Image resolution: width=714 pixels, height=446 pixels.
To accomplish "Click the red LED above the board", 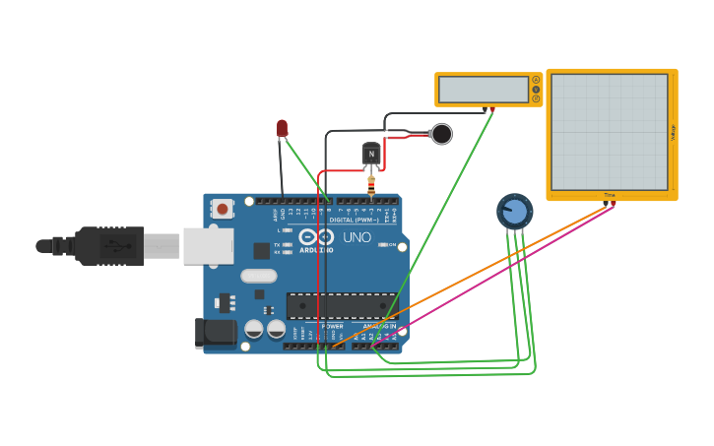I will [x=282, y=128].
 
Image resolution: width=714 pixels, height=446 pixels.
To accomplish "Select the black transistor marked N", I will [x=371, y=153].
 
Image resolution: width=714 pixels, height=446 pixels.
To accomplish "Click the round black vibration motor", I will [x=441, y=134].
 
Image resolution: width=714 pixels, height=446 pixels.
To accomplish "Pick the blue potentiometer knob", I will [x=514, y=212].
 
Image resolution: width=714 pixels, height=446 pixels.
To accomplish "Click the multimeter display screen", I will [x=484, y=90].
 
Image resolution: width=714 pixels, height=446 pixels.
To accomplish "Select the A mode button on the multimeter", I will [x=536, y=80].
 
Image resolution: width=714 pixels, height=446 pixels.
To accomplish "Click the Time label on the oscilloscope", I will [x=610, y=195].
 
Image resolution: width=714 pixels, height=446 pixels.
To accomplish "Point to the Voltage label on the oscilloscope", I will [x=673, y=132].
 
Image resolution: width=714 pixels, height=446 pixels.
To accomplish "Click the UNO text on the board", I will [x=357, y=237].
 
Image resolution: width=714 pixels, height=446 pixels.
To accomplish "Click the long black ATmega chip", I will [x=340, y=305].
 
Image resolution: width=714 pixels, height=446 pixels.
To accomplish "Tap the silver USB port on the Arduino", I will [x=208, y=246].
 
